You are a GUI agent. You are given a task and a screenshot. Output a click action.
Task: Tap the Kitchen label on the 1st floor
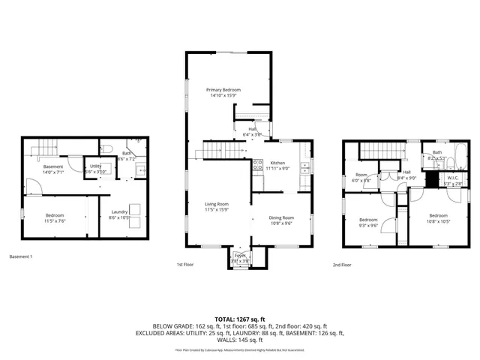coord(277,163)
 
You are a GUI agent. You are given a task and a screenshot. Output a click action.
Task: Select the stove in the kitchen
coord(257,166)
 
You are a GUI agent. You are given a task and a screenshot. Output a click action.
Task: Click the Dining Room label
coord(281,217)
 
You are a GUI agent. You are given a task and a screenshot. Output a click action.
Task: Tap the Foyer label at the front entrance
coord(240,255)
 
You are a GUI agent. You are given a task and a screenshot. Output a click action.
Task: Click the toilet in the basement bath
coord(106,147)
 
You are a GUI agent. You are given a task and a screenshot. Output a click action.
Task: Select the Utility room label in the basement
coord(96,166)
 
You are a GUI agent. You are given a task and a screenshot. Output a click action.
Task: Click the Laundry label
coord(119,212)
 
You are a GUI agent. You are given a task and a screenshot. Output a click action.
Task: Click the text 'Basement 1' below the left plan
coord(21,257)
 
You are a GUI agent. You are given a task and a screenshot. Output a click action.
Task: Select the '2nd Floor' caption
coord(342,265)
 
